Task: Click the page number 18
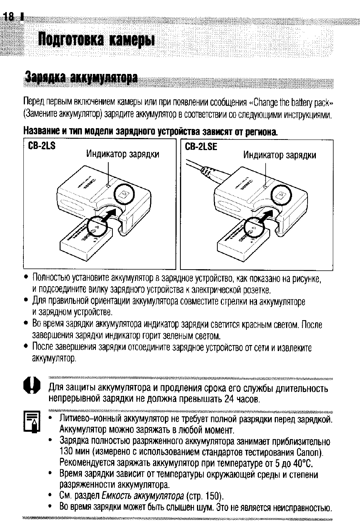8,17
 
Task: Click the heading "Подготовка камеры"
97,39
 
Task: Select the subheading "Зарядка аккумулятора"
80,78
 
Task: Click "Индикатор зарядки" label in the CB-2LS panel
123,154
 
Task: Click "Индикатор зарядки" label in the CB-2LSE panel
280,155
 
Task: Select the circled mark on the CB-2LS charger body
124,195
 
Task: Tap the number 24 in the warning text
229,399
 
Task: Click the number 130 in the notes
67,452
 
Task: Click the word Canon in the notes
309,452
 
